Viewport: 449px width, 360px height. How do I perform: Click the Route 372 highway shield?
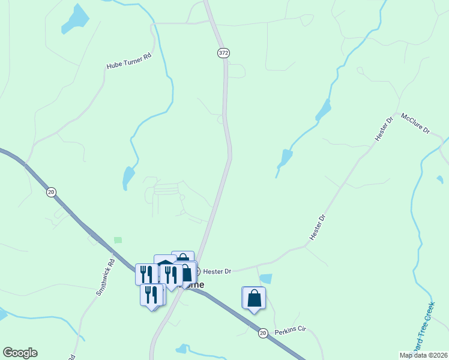click(223, 53)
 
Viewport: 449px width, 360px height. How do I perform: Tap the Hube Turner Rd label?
click(129, 65)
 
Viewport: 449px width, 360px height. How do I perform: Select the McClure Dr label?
click(415, 123)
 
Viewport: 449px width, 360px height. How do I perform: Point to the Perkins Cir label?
click(291, 331)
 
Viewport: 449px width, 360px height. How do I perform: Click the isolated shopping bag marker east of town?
click(254, 298)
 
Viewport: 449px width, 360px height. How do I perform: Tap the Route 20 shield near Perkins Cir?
click(263, 332)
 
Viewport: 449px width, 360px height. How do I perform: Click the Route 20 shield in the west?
click(51, 192)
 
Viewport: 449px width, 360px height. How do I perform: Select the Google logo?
click(20, 353)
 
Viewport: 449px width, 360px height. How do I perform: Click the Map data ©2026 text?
click(423, 355)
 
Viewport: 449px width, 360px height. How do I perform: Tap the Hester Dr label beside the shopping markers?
click(219, 272)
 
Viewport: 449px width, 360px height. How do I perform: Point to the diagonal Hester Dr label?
click(318, 228)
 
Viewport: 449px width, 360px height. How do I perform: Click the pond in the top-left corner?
click(76, 19)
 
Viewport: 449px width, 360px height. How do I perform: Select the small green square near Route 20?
click(118, 240)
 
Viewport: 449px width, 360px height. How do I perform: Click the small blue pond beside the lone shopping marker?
click(266, 278)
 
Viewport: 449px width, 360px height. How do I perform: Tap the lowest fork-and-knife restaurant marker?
click(152, 295)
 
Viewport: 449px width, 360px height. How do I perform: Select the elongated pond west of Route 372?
click(128, 178)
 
